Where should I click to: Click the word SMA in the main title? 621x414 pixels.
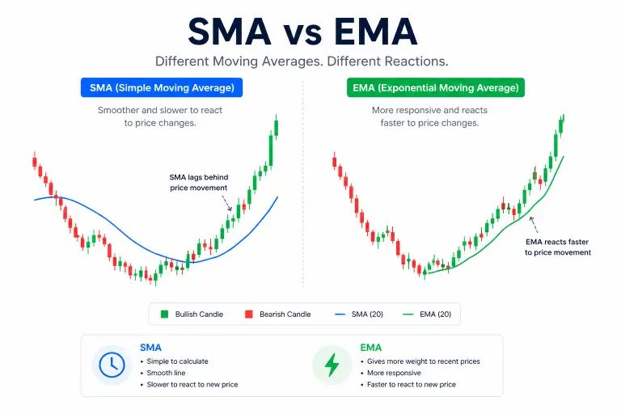coord(229,31)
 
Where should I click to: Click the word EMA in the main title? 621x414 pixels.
coord(378,31)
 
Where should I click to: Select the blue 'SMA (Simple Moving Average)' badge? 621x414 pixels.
coord(162,87)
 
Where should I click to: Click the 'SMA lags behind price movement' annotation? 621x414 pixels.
coord(198,182)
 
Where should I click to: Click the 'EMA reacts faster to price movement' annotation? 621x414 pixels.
coord(557,247)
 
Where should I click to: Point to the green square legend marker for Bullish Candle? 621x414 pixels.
coord(164,314)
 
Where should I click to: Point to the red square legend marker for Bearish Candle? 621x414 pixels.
coord(249,314)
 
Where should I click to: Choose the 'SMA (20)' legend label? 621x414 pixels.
coord(364,314)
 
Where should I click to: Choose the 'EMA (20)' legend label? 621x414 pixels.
coord(434,314)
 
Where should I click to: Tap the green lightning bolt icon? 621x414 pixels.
coord(332,365)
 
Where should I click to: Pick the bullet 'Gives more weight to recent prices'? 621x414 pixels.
coord(423,361)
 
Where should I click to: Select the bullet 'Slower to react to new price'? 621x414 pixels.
coord(192,384)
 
